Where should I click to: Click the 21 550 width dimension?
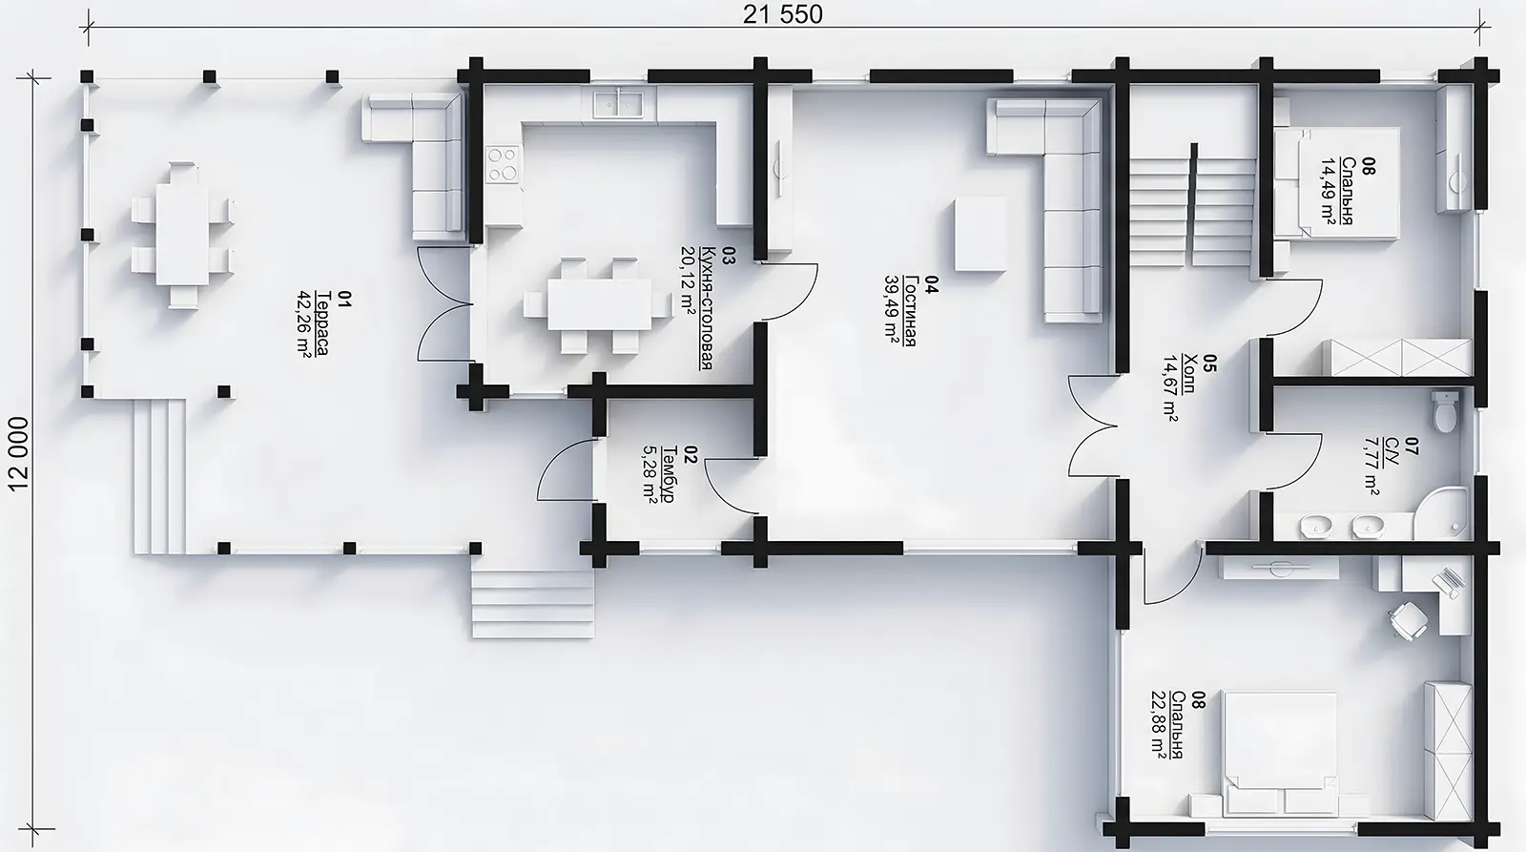pyautogui.click(x=783, y=14)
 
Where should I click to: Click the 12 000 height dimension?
pyautogui.click(x=19, y=454)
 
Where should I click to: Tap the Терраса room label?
pyautogui.click(x=321, y=323)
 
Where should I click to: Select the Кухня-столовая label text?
pyautogui.click(x=707, y=307)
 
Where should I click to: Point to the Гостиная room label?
pyautogui.click(x=910, y=311)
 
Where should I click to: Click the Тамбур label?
pyautogui.click(x=668, y=475)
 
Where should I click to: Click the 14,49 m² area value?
pyautogui.click(x=1329, y=191)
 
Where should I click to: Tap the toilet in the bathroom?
pyautogui.click(x=1444, y=411)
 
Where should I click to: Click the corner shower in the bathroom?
pyautogui.click(x=1441, y=512)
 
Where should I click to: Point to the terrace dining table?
pyautogui.click(x=182, y=235)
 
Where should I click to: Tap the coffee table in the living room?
pyautogui.click(x=980, y=233)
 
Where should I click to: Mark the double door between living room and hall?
pyautogui.click(x=1093, y=426)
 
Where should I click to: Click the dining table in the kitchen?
pyautogui.click(x=599, y=304)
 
